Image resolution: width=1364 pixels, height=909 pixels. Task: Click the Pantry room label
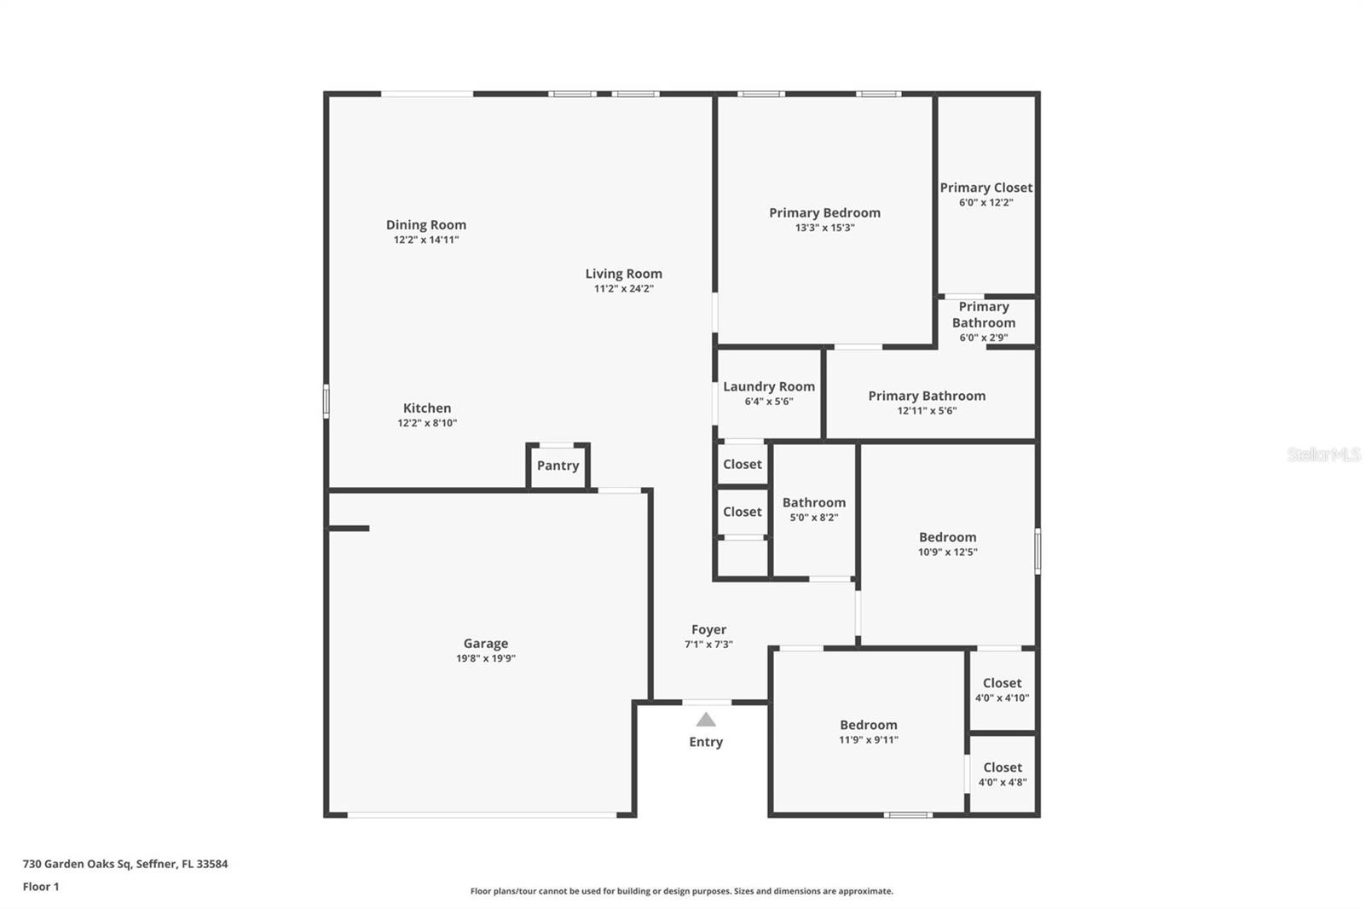(558, 466)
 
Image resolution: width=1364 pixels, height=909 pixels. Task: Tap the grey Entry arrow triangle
(706, 720)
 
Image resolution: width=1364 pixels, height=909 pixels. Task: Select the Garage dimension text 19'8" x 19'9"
(486, 658)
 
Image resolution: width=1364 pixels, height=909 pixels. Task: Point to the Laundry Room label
(769, 386)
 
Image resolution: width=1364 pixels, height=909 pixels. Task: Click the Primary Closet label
(986, 188)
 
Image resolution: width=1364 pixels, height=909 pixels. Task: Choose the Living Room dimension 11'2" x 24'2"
(624, 288)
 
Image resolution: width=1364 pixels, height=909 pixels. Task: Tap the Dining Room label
(426, 225)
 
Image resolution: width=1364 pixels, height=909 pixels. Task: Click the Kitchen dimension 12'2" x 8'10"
(427, 423)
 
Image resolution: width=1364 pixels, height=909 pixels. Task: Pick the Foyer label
(709, 629)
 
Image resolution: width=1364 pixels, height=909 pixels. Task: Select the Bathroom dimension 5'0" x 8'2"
(814, 518)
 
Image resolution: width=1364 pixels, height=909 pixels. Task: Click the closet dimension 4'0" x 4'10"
(1003, 698)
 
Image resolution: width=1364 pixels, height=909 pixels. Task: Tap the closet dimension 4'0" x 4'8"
(1003, 782)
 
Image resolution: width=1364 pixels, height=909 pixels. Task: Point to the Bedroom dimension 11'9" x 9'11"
(869, 739)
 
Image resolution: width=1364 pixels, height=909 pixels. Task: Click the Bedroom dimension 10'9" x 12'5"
(948, 552)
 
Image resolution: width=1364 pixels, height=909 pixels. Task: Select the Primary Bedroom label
(824, 213)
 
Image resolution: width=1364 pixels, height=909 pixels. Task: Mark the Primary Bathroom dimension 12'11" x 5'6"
(927, 410)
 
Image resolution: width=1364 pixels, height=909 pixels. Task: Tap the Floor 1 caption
(41, 887)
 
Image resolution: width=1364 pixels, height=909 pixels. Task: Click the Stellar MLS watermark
(1324, 454)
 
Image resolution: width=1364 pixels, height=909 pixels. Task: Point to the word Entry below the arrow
(706, 742)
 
